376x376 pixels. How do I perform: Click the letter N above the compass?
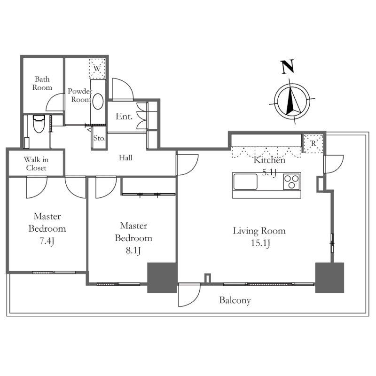(x=288, y=67)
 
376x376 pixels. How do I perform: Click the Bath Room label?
(x=41, y=84)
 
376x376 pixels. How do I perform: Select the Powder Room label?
(x=80, y=95)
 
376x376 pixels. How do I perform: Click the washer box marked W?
(x=97, y=68)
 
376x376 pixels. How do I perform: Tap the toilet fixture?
(x=39, y=124)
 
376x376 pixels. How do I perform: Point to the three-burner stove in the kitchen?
(x=291, y=181)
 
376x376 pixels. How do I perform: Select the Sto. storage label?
(x=99, y=138)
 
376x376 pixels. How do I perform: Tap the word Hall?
(x=125, y=158)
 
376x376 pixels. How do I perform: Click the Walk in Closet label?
(x=36, y=164)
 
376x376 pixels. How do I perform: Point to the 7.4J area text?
(x=47, y=242)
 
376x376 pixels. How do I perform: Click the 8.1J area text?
(x=133, y=251)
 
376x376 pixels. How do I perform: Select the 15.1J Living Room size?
(x=259, y=243)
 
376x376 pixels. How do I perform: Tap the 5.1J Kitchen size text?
(x=269, y=172)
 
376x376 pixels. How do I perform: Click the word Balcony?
(x=235, y=300)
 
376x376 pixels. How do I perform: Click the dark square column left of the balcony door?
(x=162, y=278)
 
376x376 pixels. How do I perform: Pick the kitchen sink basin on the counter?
(x=245, y=181)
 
